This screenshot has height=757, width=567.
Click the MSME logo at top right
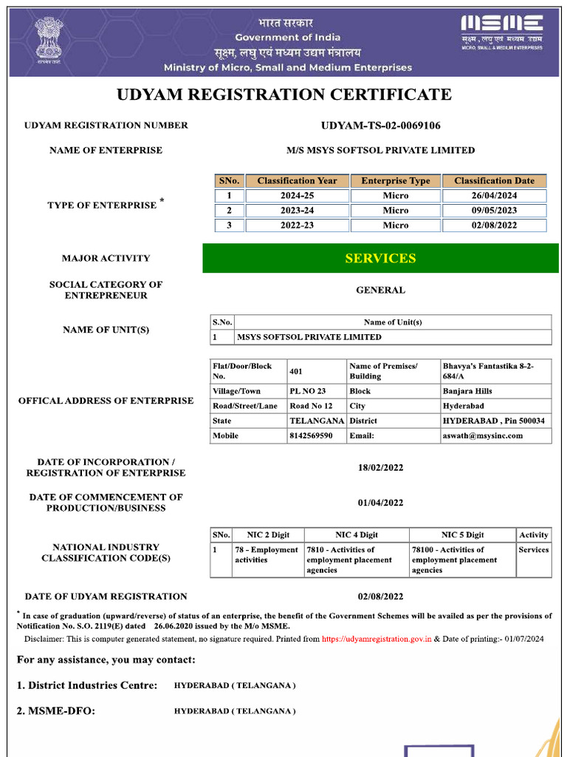click(502, 32)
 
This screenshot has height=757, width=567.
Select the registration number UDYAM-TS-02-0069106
click(380, 126)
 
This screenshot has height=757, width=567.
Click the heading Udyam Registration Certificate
click(284, 95)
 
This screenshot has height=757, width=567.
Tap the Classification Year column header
click(297, 181)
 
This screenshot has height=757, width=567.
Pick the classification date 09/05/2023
click(494, 211)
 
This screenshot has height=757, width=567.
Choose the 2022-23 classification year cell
click(297, 225)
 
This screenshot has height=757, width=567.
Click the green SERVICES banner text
click(380, 259)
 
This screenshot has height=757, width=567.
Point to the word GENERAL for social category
click(380, 291)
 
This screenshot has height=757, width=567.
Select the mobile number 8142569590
click(311, 436)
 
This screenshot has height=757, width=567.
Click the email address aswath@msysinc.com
click(483, 436)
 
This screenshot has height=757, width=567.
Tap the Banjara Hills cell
click(467, 391)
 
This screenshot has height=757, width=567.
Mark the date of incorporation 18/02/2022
click(380, 468)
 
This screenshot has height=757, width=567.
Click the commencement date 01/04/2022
click(380, 503)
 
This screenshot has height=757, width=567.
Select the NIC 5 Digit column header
click(462, 535)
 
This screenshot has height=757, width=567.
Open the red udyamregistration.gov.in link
click(377, 639)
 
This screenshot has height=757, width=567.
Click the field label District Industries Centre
click(87, 685)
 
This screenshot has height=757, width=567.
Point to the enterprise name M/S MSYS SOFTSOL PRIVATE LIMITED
click(380, 150)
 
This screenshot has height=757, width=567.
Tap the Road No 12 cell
click(311, 406)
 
